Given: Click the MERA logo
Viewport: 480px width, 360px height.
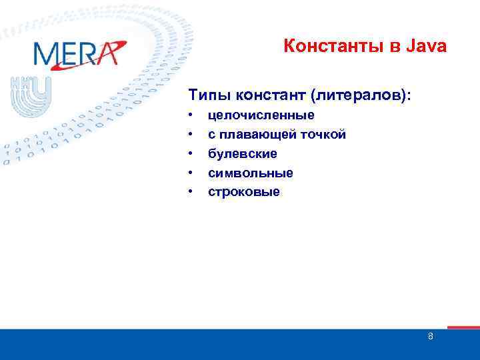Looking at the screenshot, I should (x=77, y=53).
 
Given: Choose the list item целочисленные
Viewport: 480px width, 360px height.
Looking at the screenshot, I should (x=261, y=115).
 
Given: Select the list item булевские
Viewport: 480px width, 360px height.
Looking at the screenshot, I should (x=243, y=154).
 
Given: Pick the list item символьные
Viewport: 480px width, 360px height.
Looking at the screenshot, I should (x=251, y=173).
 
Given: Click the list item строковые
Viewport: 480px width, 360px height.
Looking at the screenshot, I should (x=245, y=193).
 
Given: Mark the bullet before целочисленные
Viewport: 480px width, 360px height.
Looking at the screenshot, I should (x=191, y=115).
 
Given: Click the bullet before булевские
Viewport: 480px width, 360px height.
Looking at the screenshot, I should (x=191, y=154).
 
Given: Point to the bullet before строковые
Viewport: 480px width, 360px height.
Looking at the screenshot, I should (x=191, y=193).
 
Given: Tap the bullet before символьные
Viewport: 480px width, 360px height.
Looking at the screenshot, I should (x=191, y=173).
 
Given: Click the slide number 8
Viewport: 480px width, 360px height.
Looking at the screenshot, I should (x=431, y=337).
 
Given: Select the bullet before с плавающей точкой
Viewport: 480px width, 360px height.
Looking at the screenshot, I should (x=191, y=135).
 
